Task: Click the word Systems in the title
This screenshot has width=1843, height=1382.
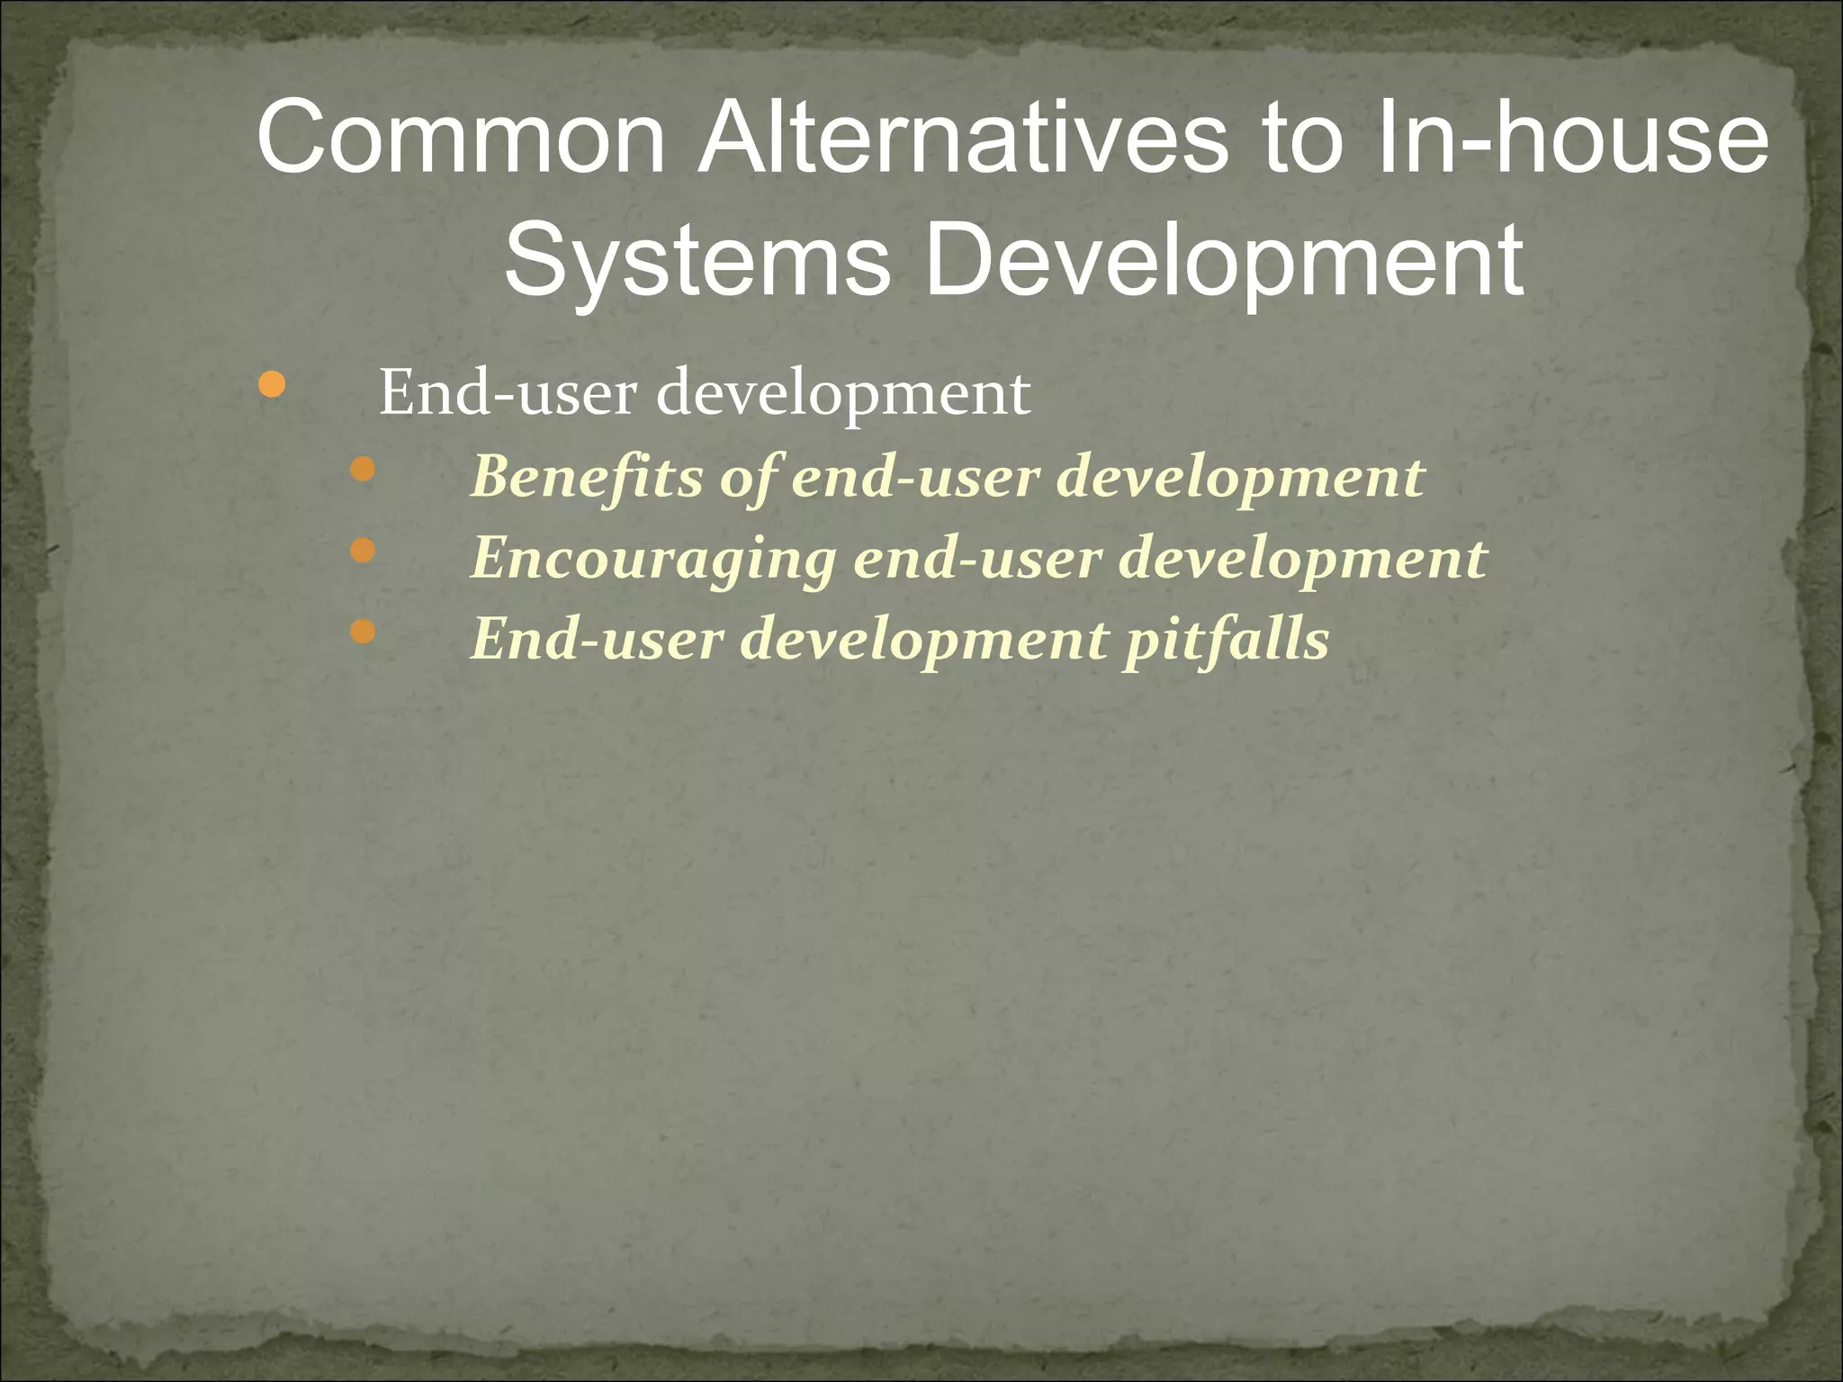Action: [x=697, y=261]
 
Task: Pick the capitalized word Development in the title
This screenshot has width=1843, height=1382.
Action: [x=1225, y=261]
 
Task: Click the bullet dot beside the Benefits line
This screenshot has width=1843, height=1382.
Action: [x=362, y=469]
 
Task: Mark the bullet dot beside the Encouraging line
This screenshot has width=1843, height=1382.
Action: [x=362, y=550]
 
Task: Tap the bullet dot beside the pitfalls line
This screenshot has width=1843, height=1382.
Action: [x=362, y=632]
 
